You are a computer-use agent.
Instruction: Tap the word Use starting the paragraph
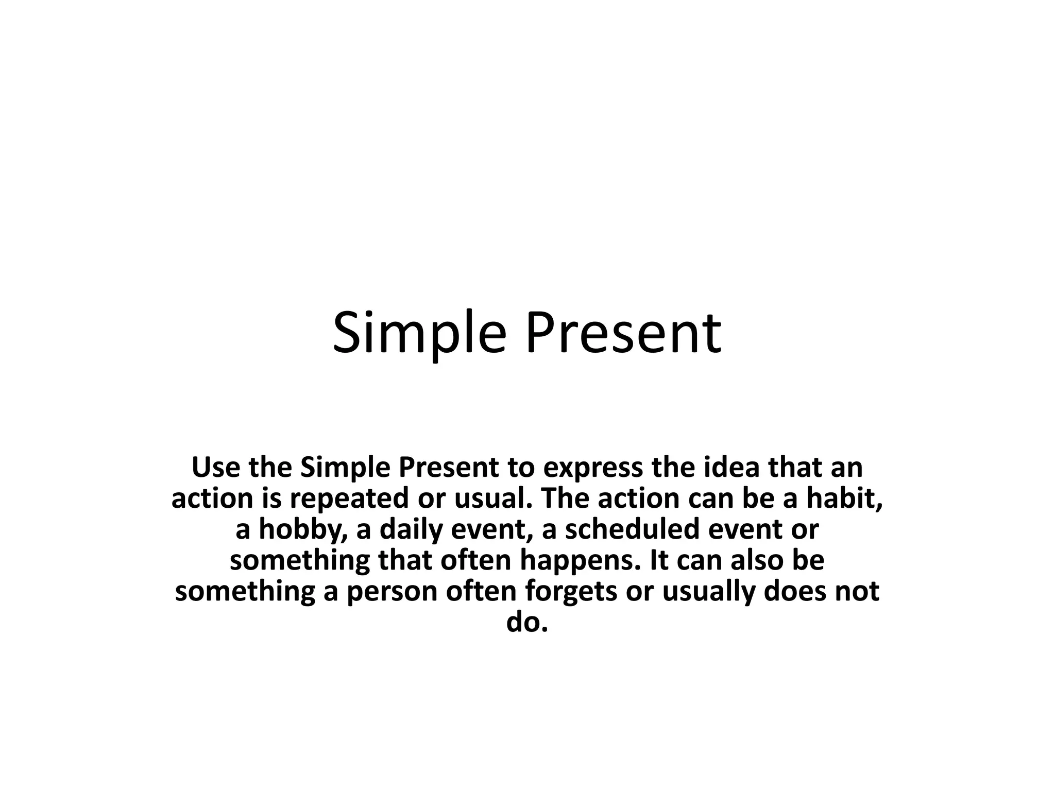click(215, 468)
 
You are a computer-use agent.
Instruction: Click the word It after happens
click(660, 561)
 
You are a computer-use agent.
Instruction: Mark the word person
click(392, 592)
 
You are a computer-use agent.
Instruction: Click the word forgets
click(571, 592)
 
